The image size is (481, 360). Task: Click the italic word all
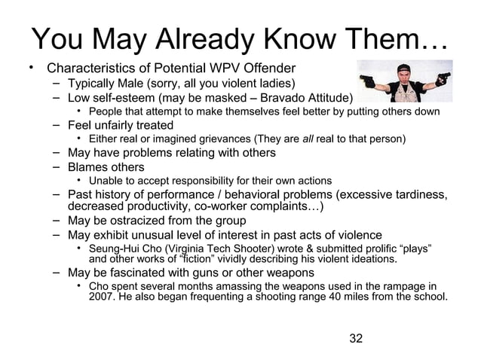[308, 139]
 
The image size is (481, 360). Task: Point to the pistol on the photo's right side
[444, 77]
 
